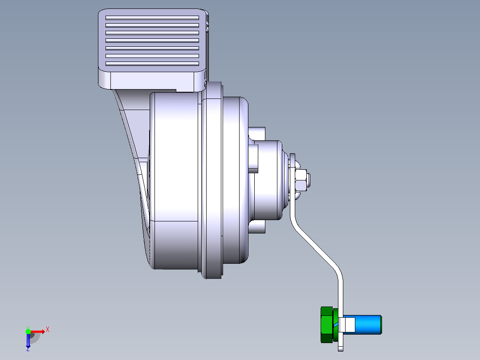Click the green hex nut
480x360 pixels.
[x=327, y=325]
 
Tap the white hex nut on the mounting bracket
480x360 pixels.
[x=301, y=180]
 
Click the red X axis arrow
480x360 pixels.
[x=37, y=331]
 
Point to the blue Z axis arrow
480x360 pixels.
[x=28, y=340]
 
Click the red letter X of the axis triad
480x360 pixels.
[x=48, y=330]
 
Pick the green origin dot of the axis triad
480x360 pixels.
[x=28, y=331]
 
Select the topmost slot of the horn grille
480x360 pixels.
[x=152, y=18]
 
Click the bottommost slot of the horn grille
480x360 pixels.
[x=152, y=64]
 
